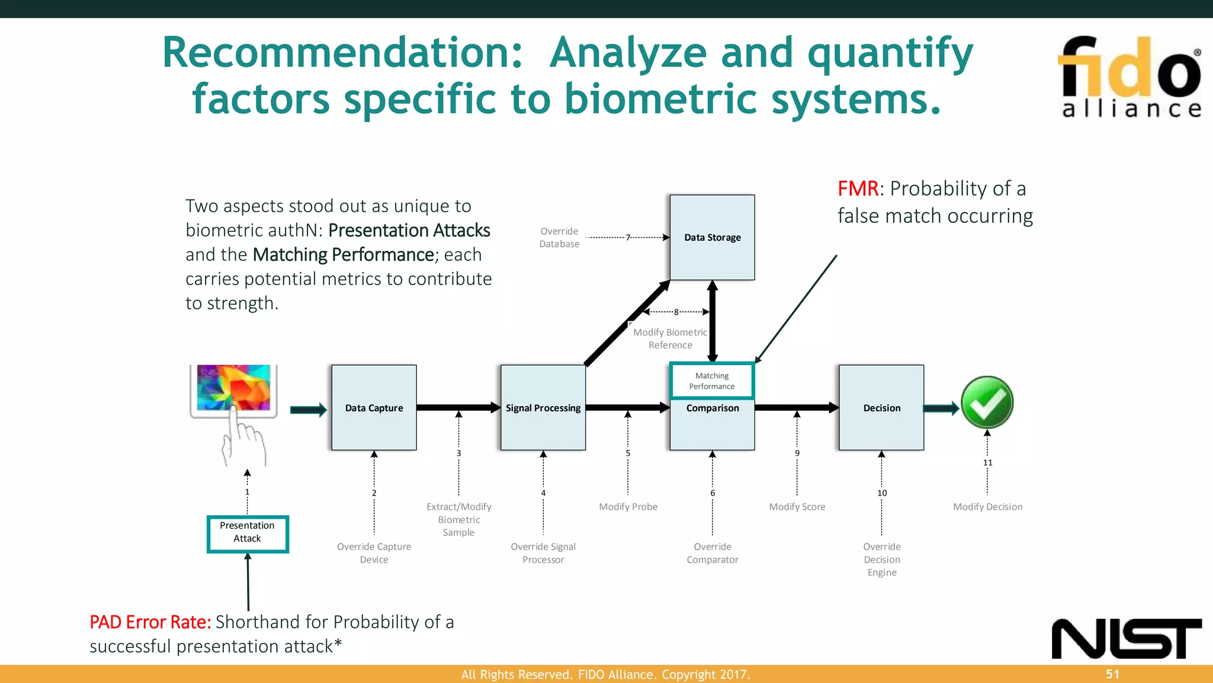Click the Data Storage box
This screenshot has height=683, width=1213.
[712, 237]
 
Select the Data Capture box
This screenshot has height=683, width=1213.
[374, 408]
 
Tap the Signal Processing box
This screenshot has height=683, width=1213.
[543, 408]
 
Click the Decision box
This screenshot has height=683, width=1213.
[881, 408]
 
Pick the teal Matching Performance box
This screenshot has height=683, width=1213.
[712, 381]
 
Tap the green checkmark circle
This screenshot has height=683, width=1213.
[987, 403]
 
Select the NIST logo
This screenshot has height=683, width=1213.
[1127, 639]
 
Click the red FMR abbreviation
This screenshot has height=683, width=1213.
[858, 189]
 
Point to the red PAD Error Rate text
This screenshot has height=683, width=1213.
[150, 622]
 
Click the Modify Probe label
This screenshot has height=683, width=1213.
[628, 507]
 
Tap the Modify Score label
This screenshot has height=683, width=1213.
[797, 507]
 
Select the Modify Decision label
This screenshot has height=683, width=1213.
[987, 507]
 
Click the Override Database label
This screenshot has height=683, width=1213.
[559, 237]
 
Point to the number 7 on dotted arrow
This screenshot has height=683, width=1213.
[628, 237]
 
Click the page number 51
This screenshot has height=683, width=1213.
[1112, 674]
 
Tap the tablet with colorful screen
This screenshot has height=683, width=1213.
[233, 389]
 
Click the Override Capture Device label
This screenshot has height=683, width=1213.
[374, 553]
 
